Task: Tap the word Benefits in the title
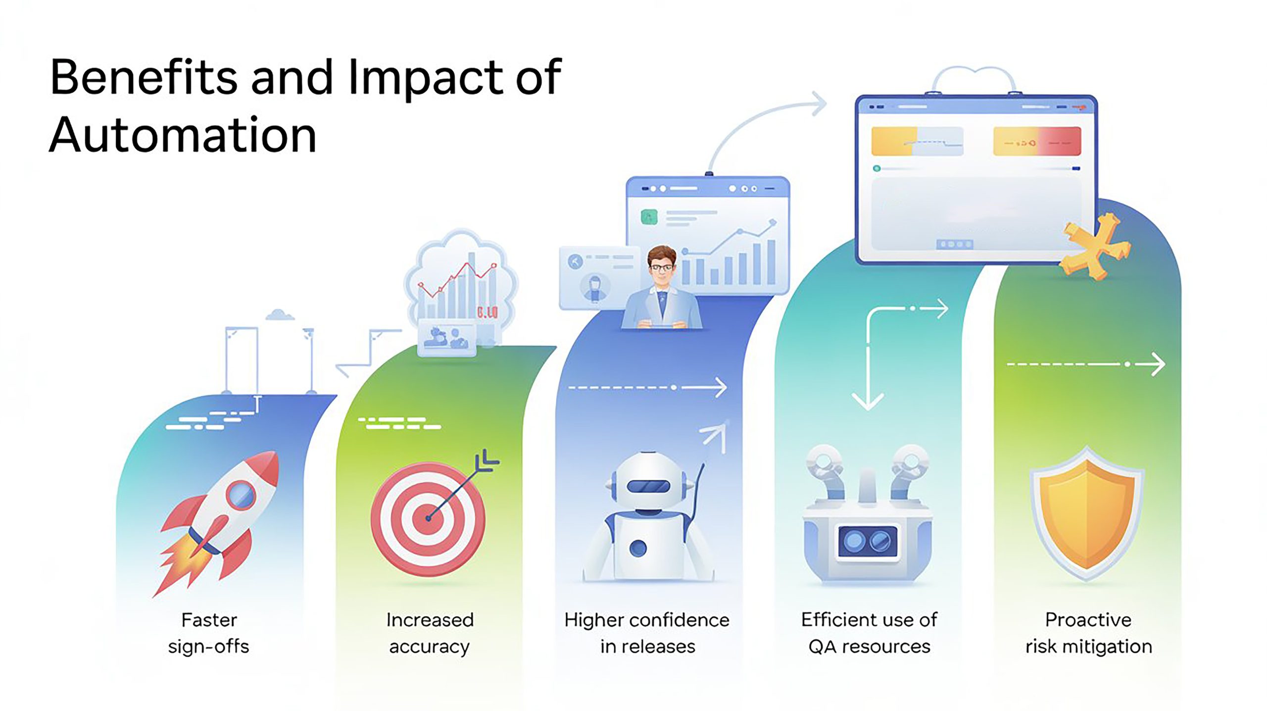click(144, 77)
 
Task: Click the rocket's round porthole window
click(241, 494)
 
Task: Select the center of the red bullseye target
click(429, 518)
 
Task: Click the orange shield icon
click(1087, 515)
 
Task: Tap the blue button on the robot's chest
click(638, 548)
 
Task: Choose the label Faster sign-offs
click(208, 633)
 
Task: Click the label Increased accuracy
click(430, 633)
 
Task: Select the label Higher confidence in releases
click(647, 633)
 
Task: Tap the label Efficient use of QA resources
click(869, 633)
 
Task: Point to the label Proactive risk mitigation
click(1088, 633)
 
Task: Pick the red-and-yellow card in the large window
click(1037, 141)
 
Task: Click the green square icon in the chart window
click(649, 217)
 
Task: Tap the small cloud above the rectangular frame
click(280, 315)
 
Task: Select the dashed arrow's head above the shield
click(1157, 364)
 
